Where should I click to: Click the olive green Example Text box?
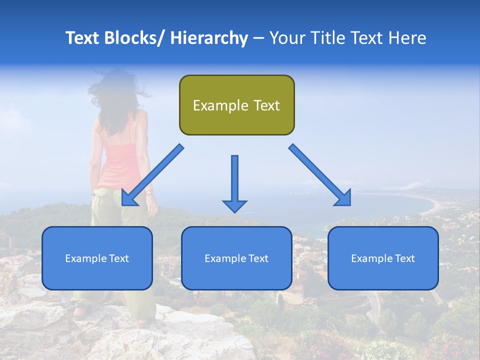(236, 105)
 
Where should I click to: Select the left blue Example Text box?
(97, 258)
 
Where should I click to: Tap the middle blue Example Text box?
(236, 258)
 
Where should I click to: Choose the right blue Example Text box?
(383, 258)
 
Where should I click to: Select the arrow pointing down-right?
(320, 175)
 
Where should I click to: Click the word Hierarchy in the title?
(209, 38)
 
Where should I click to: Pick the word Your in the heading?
(286, 38)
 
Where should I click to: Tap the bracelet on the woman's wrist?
(148, 192)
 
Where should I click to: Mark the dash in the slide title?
(258, 38)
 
